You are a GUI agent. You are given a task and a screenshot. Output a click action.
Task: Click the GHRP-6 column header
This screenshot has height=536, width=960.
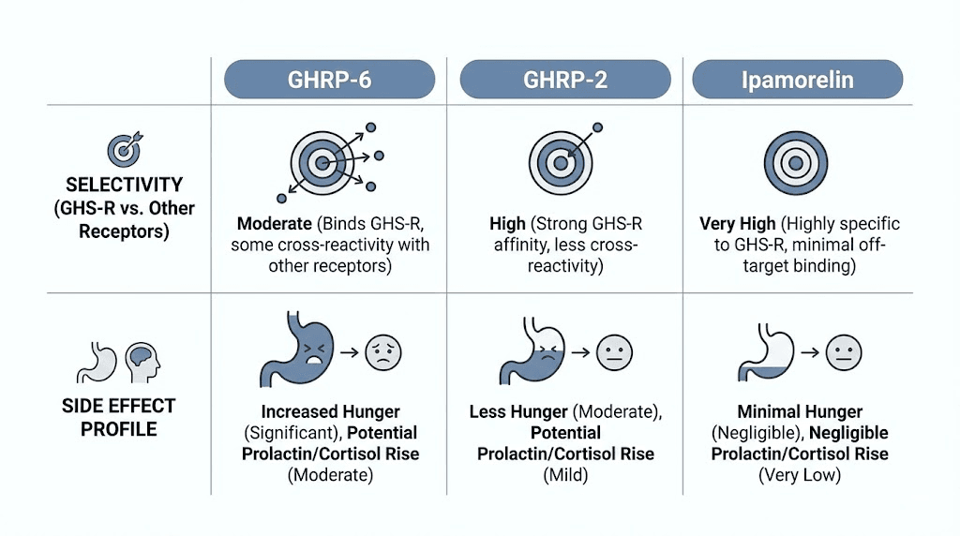pos(329,80)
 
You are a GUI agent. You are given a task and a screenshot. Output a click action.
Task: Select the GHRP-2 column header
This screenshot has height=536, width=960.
pos(565,80)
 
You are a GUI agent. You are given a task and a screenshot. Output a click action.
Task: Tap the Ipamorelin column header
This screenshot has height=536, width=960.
pos(797,80)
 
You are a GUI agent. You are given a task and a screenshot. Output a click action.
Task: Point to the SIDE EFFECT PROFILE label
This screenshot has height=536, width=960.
pos(118,418)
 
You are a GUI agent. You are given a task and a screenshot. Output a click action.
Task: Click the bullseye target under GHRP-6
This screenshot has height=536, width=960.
pos(322,163)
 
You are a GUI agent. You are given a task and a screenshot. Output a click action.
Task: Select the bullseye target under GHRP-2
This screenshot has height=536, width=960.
pos(561,161)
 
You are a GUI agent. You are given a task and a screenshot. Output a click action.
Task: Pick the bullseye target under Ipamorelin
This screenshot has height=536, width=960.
pos(795,162)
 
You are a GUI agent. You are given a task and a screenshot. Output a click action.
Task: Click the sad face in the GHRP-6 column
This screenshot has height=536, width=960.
pos(382,353)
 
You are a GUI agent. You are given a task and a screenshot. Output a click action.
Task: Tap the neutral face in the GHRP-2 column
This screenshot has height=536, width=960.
pos(615,353)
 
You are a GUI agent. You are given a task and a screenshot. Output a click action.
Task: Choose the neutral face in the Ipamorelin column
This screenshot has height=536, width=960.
pos(844,353)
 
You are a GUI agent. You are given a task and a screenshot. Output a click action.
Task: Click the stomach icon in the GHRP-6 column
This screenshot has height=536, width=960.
pos(290,352)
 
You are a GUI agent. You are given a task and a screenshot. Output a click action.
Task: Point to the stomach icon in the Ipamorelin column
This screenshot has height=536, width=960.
pos(768,353)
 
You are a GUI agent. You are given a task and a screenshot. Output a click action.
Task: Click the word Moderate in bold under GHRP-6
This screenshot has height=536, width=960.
pos(273,224)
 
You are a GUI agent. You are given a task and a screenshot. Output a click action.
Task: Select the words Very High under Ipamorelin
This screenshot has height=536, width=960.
pos(738,224)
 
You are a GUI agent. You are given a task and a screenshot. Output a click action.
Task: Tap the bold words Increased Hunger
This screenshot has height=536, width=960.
pos(330,411)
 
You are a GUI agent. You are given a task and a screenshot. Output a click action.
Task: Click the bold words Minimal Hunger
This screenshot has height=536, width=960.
pos(800,411)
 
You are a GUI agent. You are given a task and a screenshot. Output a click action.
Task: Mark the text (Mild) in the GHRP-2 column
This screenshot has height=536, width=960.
pos(565,475)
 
